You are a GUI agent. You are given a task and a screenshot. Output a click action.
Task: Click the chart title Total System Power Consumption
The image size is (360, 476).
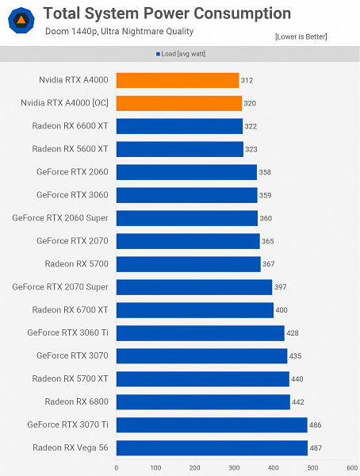[x=167, y=13]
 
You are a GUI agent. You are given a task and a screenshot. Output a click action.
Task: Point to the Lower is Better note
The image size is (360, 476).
[x=301, y=36]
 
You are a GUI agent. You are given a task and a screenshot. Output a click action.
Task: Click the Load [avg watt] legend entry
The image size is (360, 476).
[x=183, y=54]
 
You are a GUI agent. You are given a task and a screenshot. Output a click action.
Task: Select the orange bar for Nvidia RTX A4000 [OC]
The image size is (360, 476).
[x=178, y=103]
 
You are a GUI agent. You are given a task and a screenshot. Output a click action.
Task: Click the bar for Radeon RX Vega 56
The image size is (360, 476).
[x=212, y=448]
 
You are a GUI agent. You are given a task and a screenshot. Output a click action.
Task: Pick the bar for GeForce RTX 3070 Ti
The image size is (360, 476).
[x=212, y=425]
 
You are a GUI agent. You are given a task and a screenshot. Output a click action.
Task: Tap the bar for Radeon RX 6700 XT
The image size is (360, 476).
[x=194, y=310]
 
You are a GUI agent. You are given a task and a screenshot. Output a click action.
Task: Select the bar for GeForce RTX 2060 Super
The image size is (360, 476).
[x=186, y=218]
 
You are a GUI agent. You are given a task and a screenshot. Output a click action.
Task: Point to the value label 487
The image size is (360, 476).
[x=316, y=448]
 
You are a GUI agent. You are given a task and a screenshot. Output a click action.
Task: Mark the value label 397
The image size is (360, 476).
[x=281, y=287]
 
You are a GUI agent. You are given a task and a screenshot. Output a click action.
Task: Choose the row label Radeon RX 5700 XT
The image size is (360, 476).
[x=70, y=379]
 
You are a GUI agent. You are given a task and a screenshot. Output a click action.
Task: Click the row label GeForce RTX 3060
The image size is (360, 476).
[x=72, y=195]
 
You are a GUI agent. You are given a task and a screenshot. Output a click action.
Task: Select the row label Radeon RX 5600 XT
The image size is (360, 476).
[x=70, y=149]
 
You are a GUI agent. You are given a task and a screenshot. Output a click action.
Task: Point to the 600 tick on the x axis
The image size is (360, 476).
[x=351, y=468]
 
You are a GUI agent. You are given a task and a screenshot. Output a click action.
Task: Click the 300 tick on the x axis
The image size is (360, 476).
[x=234, y=468]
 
